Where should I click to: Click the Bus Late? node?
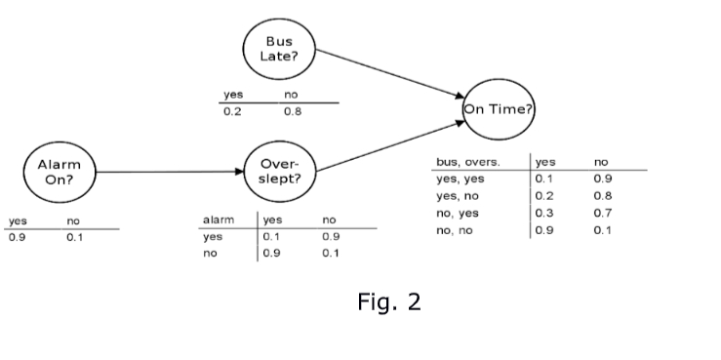(x=280, y=50)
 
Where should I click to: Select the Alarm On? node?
(x=59, y=172)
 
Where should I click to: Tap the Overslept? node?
(x=280, y=172)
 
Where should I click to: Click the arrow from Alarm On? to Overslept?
(x=171, y=172)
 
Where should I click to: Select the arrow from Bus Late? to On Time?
(x=390, y=73)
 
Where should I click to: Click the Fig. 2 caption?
(x=388, y=301)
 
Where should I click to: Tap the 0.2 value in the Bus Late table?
(x=232, y=111)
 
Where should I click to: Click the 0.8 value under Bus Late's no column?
(x=292, y=111)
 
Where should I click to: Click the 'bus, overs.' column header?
(x=467, y=162)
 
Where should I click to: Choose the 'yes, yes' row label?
(x=459, y=179)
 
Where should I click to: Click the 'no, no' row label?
(x=456, y=230)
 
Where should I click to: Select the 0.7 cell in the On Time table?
(x=603, y=213)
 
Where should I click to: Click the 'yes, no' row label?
(x=457, y=196)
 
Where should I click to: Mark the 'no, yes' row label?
(x=457, y=213)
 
